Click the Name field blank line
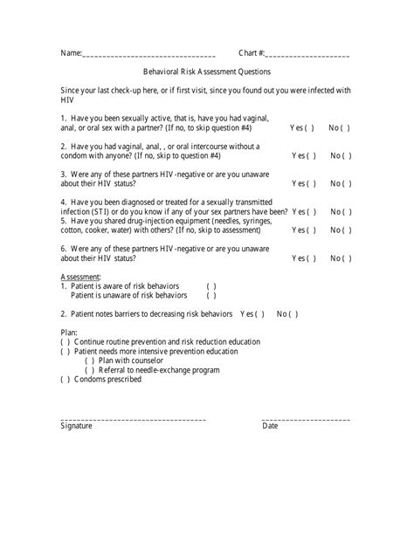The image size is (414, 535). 148,56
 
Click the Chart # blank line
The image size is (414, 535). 307,56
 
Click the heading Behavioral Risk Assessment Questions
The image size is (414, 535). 207,72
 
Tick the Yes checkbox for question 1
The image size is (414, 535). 310,127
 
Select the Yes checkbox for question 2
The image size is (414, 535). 310,156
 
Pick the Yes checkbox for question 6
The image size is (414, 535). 310,258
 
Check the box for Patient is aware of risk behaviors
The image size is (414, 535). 212,286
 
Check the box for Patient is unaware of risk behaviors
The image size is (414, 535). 212,296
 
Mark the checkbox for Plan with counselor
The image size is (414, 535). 90,360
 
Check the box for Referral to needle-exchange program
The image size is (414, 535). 90,370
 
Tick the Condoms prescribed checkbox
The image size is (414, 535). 66,380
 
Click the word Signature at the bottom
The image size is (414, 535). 76,426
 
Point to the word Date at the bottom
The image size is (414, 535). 270,426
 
